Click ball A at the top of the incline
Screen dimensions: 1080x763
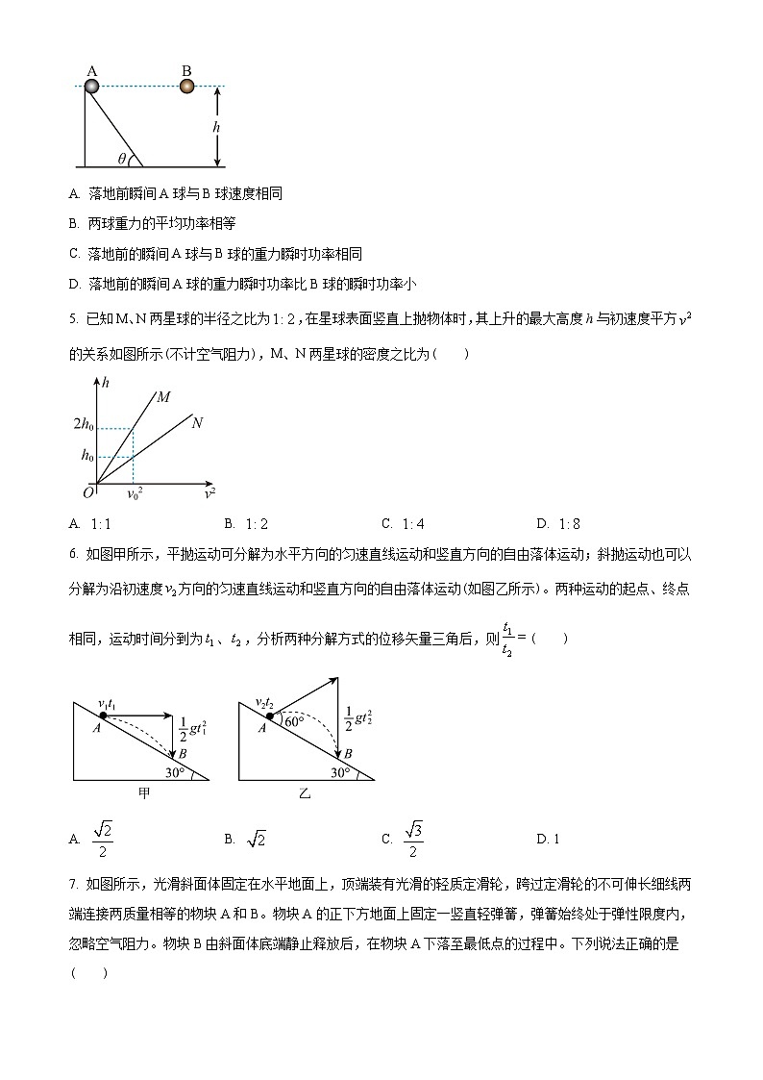[91, 87]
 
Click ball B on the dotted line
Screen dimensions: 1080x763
[186, 87]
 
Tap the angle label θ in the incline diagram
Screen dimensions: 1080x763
[122, 159]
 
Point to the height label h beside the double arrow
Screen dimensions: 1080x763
[216, 127]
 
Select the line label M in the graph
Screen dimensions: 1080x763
[163, 396]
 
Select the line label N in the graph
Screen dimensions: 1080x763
[197, 422]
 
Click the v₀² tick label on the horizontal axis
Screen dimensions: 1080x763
[135, 494]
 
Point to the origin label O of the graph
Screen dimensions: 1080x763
[87, 492]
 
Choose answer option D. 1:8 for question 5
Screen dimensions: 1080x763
[556, 524]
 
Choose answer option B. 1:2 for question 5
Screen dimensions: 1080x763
[244, 524]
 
